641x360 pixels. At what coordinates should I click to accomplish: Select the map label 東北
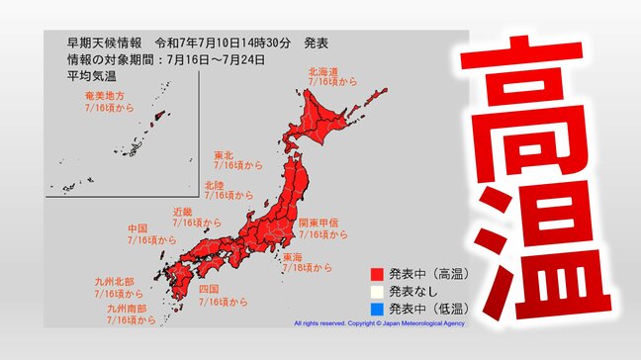click(x=225, y=155)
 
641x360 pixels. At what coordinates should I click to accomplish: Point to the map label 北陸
click(x=214, y=185)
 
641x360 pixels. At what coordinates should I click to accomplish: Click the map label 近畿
click(x=182, y=212)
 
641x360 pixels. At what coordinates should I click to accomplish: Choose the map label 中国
click(x=138, y=228)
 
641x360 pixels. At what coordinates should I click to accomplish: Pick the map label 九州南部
click(x=125, y=309)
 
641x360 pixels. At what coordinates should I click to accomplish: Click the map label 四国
click(x=208, y=288)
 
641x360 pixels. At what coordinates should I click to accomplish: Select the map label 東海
click(x=293, y=256)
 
